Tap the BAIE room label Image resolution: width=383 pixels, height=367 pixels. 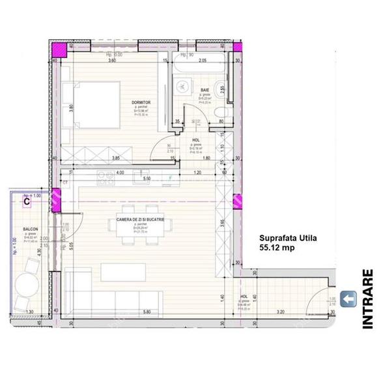click(204, 88)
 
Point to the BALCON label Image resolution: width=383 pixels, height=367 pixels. click(30, 230)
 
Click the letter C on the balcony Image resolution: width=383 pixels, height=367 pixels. click(27, 201)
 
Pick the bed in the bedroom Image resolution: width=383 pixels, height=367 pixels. click(94, 106)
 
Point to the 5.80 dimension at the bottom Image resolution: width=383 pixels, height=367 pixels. click(147, 312)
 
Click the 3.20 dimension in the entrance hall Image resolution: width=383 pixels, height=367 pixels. click(280, 312)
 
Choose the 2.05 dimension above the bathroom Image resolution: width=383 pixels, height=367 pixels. click(203, 60)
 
